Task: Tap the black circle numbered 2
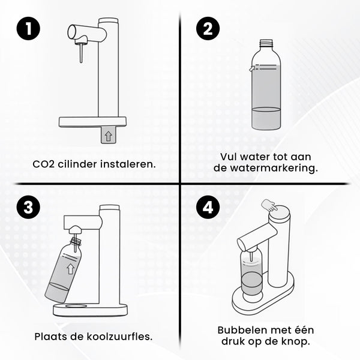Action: click(x=208, y=28)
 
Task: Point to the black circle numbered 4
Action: click(x=208, y=208)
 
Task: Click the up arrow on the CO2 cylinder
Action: click(x=108, y=136)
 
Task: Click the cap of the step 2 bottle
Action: click(x=266, y=43)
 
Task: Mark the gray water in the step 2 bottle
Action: click(x=266, y=119)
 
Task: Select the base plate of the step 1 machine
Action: click(x=92, y=122)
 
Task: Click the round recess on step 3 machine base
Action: click(x=75, y=307)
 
